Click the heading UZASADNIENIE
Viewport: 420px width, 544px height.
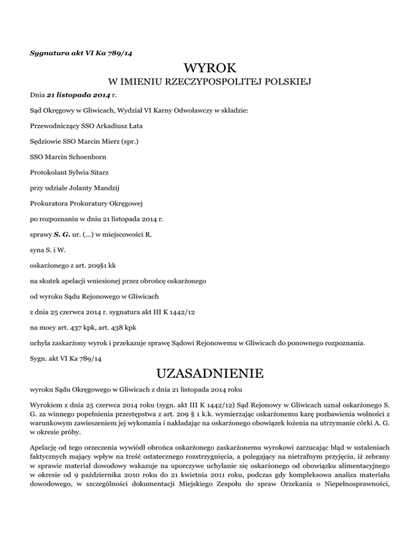click(x=209, y=374)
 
